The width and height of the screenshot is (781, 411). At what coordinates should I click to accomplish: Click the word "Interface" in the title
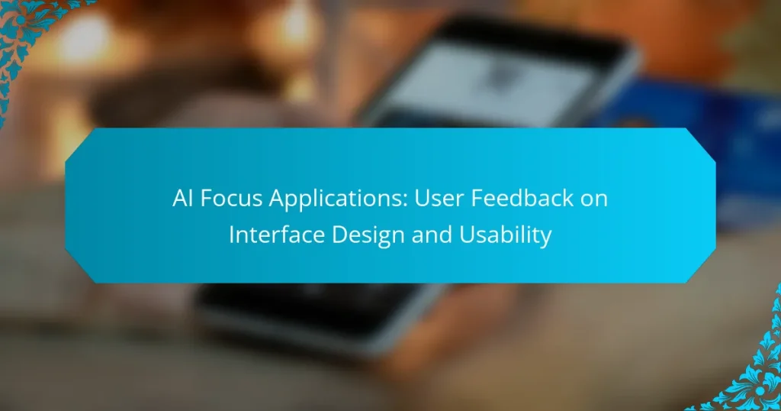point(275,235)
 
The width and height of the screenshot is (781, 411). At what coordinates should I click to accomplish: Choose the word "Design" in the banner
point(370,235)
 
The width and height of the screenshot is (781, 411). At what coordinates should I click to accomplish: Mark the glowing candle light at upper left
point(84,38)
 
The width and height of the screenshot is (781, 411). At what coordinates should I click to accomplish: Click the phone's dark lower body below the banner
point(305,313)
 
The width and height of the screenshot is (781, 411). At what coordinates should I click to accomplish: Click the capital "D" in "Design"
point(344,235)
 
